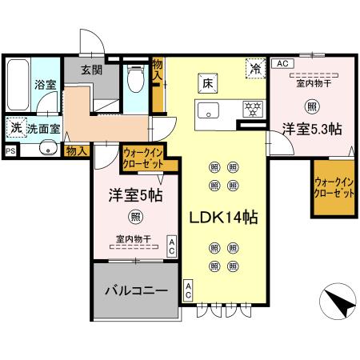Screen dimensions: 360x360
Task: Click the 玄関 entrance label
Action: [90, 70]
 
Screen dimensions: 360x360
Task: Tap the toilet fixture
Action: [134, 78]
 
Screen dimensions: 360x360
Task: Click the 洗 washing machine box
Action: [15, 126]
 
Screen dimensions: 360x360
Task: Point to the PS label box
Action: [10, 150]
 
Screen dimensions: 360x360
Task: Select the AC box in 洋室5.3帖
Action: [280, 63]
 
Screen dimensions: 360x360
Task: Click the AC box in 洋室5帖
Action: [170, 246]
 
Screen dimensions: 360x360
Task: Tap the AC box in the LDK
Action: [188, 290]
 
